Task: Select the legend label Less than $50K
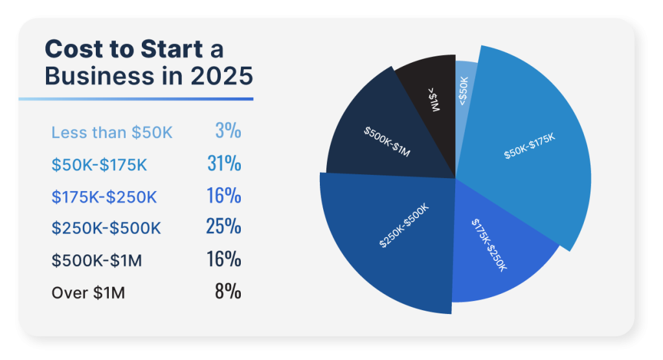112,133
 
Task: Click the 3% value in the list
228,131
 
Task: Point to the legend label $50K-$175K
99,164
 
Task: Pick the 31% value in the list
224,164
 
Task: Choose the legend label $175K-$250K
104,197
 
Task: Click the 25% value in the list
223,227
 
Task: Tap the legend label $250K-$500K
106,229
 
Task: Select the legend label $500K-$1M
96,260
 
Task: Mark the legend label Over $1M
88,293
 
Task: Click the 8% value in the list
228,292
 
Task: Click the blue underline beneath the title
135,99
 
